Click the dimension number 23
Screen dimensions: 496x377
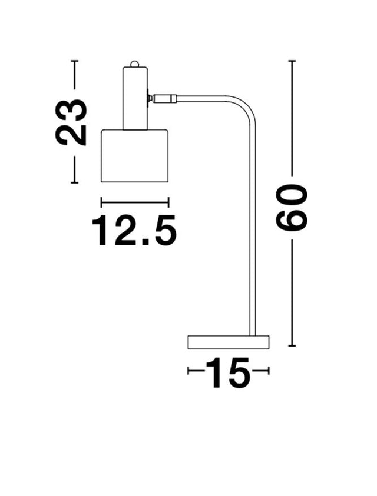[x=71, y=122]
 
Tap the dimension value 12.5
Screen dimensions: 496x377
[x=134, y=231]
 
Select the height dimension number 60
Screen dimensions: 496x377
[x=293, y=206]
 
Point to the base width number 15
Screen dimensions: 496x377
[x=227, y=372]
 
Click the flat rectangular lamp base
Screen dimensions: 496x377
[x=228, y=341]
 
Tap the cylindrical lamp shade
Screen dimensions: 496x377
[x=135, y=156]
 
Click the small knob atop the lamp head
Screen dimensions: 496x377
[x=135, y=64]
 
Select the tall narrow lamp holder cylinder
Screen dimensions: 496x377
[x=135, y=97]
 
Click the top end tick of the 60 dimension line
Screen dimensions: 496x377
[x=293, y=61]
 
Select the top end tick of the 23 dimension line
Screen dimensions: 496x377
[x=74, y=61]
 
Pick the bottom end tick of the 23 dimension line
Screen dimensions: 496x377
[x=74, y=183]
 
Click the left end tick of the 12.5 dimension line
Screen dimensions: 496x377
[x=102, y=202]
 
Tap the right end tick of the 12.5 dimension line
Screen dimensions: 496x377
[x=169, y=202]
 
